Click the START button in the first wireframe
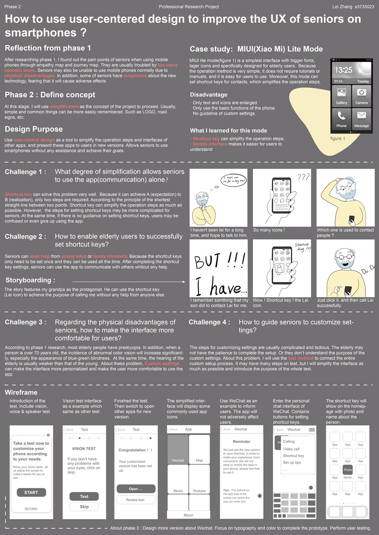(x=31, y=492)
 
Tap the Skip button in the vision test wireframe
(x=84, y=507)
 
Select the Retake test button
(x=135, y=500)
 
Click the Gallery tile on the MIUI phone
(x=341, y=96)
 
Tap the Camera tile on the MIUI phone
(x=362, y=96)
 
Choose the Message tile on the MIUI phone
(x=362, y=119)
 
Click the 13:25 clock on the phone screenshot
(x=343, y=70)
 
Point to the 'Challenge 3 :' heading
(x=26, y=322)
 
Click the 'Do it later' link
(x=31, y=509)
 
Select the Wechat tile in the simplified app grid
(x=178, y=449)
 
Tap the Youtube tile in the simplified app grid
(x=199, y=480)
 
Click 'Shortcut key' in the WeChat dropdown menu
(x=293, y=456)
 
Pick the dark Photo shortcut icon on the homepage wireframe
(x=348, y=470)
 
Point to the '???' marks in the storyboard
(x=303, y=177)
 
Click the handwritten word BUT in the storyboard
(x=207, y=261)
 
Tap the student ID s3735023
(x=364, y=7)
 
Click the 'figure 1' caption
(x=338, y=138)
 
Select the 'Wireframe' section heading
(x=21, y=392)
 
